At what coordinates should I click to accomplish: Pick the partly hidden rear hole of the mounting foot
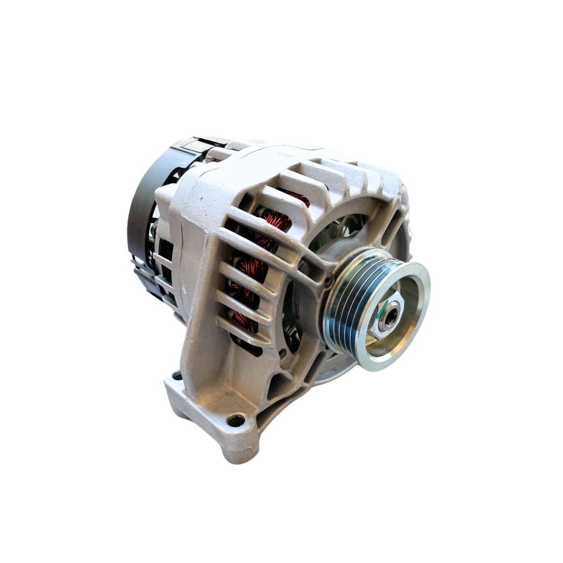177,375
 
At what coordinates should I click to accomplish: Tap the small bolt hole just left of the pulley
327,281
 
